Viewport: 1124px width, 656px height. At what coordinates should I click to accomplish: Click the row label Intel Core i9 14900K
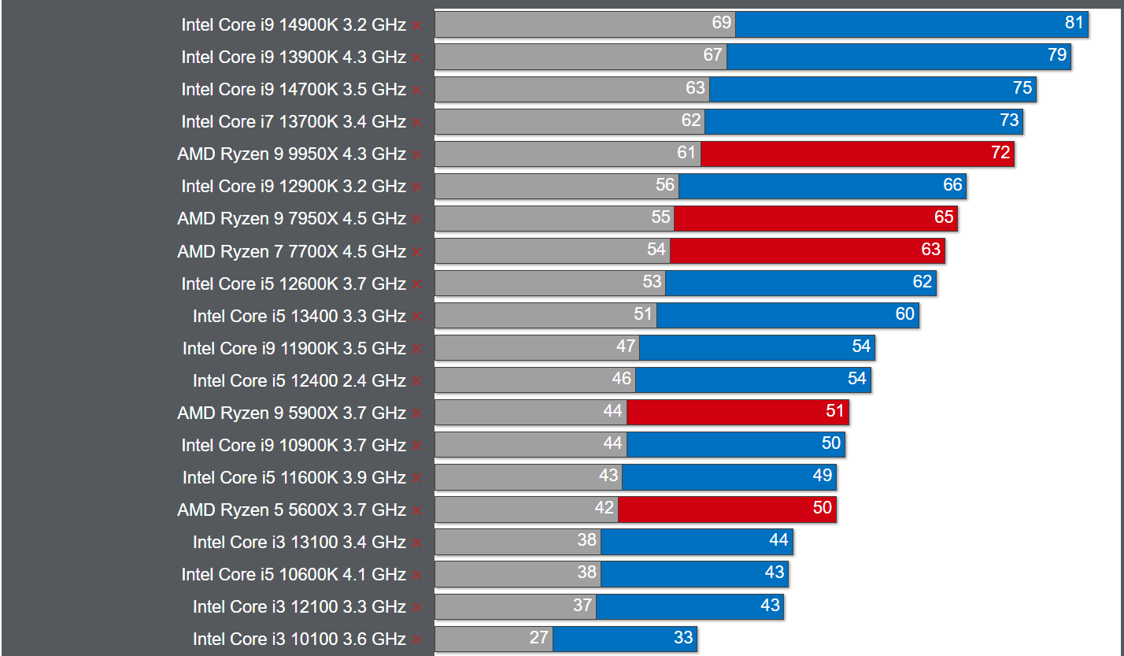[x=294, y=24]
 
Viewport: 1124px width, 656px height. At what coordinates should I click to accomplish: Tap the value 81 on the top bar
[x=1074, y=22]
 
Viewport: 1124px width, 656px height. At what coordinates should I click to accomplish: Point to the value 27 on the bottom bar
[x=538, y=637]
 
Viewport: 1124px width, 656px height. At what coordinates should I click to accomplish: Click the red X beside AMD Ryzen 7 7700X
[x=416, y=252]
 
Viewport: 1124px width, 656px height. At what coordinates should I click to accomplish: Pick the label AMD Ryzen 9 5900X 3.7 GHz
[x=291, y=413]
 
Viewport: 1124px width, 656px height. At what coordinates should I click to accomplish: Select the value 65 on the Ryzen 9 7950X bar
[x=944, y=217]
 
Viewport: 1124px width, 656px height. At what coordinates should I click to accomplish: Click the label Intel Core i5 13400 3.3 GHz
[x=299, y=316]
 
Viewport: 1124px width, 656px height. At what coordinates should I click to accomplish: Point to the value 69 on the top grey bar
[x=722, y=22]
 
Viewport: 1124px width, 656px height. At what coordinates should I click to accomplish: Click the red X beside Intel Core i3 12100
[x=416, y=607]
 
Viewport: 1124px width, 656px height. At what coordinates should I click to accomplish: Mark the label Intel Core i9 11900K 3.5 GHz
[x=294, y=348]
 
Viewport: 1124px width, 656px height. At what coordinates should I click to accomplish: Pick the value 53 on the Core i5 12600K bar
[x=652, y=281]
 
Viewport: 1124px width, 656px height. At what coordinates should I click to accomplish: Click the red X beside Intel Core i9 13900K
[x=416, y=57]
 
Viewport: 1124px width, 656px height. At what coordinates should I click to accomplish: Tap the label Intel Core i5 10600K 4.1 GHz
[x=294, y=574]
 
